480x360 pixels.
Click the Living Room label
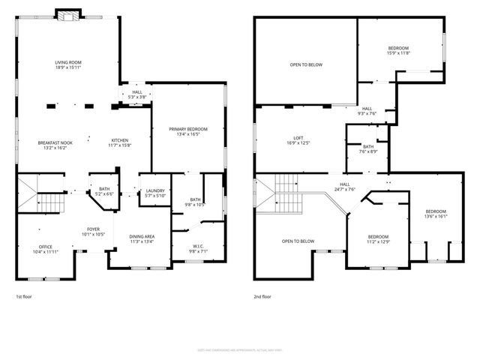pos(67,64)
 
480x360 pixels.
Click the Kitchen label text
pos(120,143)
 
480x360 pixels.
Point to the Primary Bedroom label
pos(188,132)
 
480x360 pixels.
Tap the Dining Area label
pos(142,238)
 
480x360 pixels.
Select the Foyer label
pos(93,232)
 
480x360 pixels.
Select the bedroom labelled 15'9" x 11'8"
pos(397,50)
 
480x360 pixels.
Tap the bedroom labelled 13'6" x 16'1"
pos(436,214)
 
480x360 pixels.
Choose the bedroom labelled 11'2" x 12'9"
pos(378,238)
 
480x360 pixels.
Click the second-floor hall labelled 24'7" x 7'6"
pos(345,187)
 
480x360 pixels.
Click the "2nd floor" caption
pos(262,296)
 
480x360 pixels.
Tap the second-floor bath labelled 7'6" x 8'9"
pos(367,149)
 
